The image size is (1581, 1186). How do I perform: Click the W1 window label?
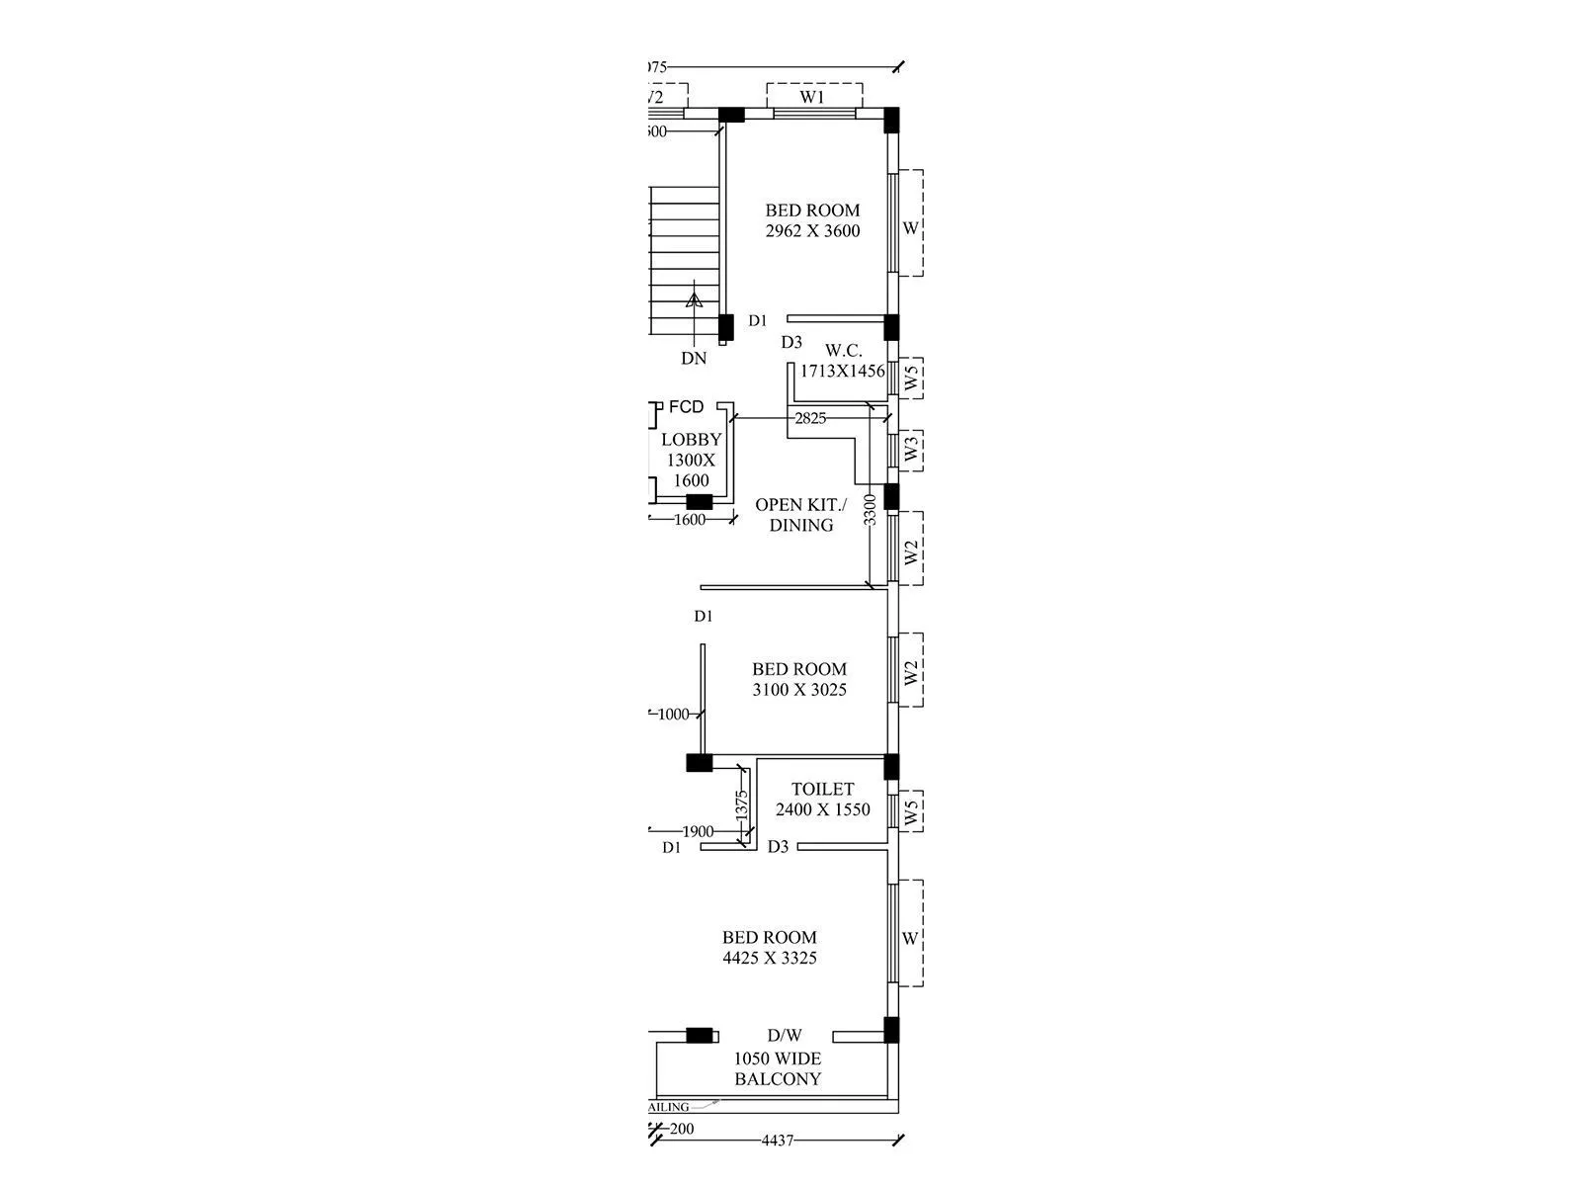coord(812,97)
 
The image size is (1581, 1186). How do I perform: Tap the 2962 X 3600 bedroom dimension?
coord(812,231)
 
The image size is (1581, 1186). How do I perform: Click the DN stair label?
coord(694,359)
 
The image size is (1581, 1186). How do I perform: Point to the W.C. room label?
coord(844,350)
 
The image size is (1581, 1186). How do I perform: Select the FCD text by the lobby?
coord(686,407)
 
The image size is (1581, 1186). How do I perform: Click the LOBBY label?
coord(692,440)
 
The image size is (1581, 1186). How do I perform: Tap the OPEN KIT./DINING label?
coord(800,515)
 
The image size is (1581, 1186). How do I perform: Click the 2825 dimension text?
coord(810,418)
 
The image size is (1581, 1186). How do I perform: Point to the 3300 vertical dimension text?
coord(870,510)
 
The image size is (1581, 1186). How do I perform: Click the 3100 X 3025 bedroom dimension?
coord(799,690)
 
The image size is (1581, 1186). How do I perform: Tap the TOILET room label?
coord(822,789)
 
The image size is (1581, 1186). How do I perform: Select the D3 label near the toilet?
coord(779,847)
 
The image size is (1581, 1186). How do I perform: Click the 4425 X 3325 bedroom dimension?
coord(770,958)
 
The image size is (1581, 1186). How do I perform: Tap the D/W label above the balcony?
coord(785,1036)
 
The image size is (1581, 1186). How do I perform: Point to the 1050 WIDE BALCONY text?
coord(778,1069)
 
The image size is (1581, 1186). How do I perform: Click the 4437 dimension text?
coord(777,1141)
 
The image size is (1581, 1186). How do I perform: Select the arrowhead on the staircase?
coord(694,297)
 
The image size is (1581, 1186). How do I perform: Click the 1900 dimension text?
coord(698,831)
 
